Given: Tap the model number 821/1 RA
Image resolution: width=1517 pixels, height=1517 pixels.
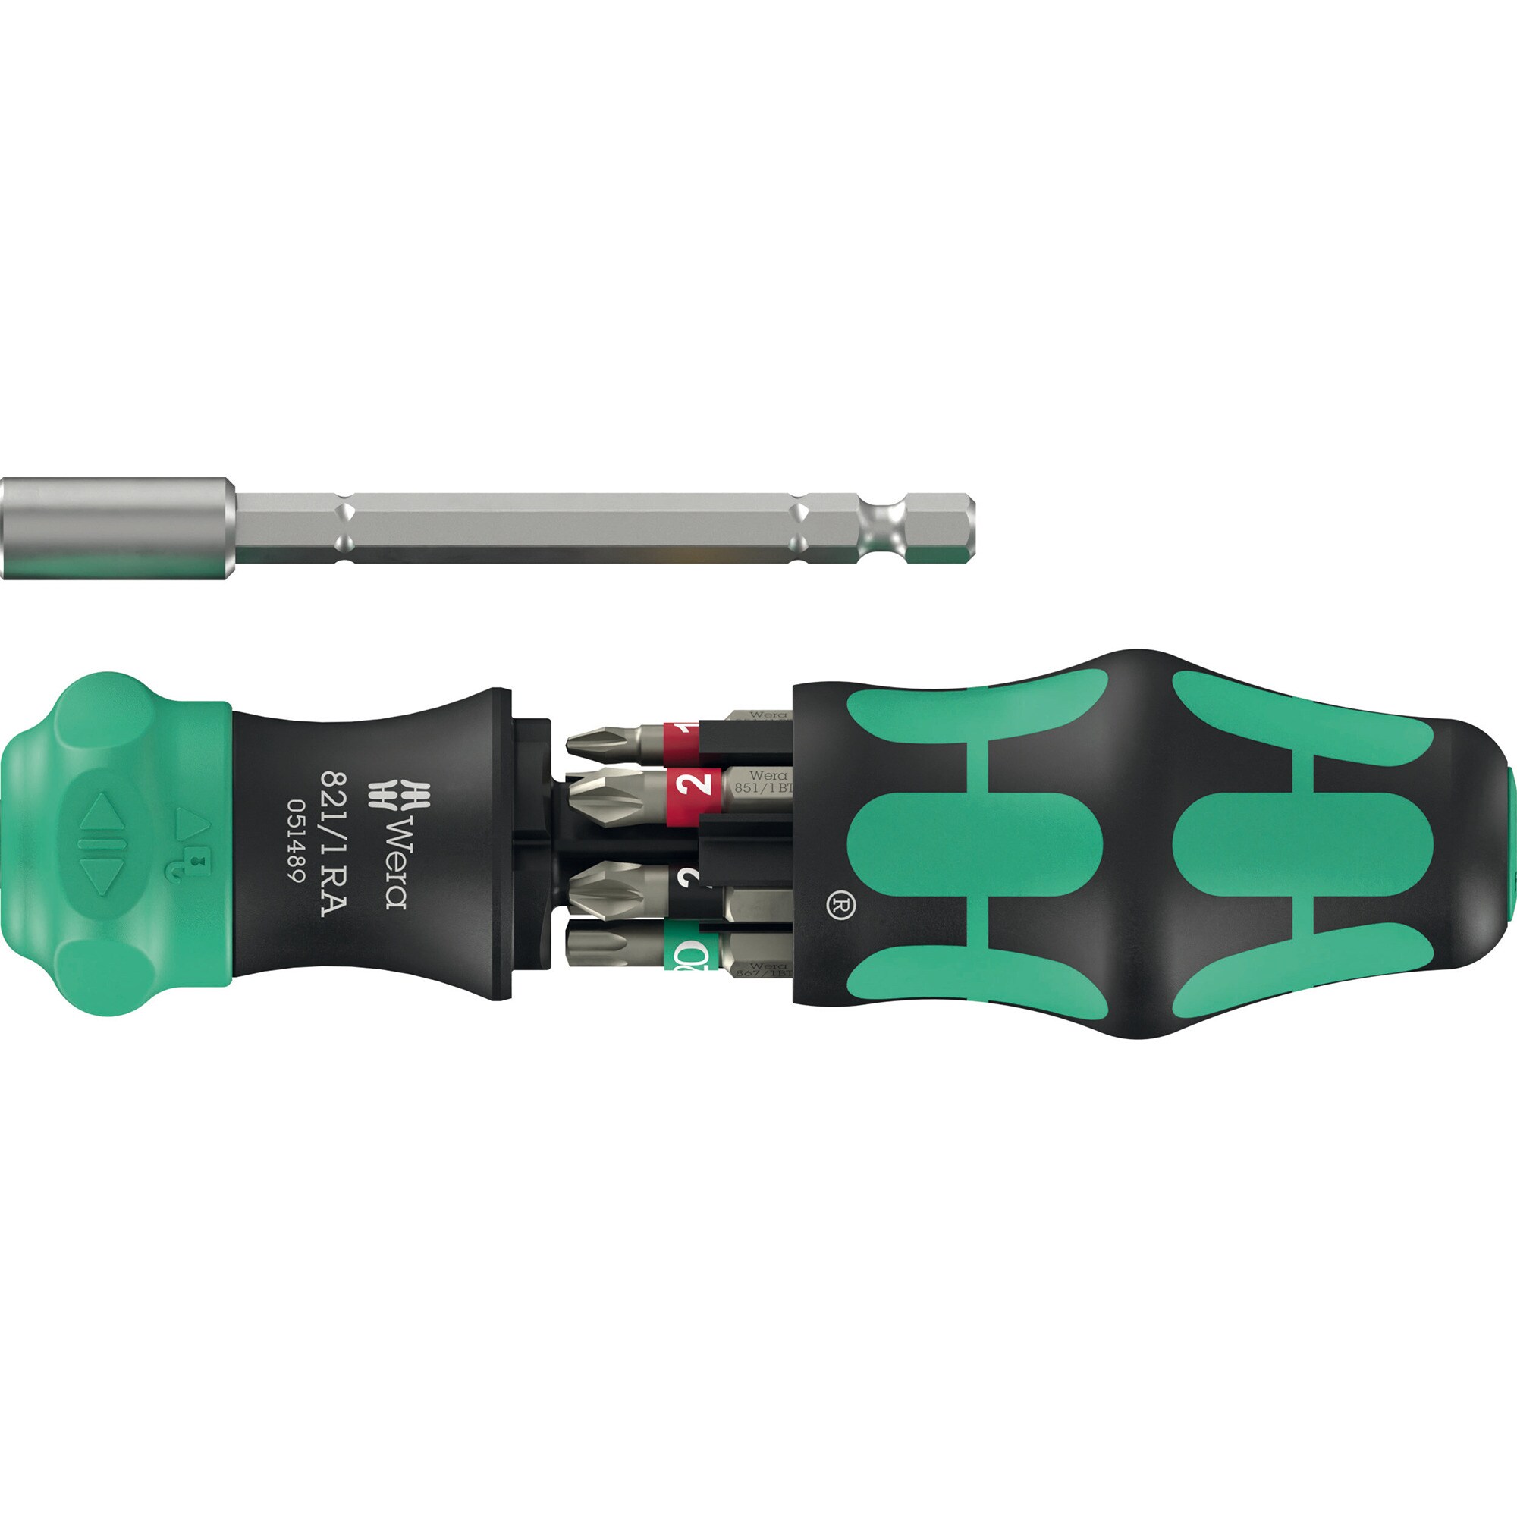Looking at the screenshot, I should click(334, 843).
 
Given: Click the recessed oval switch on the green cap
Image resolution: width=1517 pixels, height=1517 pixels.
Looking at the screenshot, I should click(103, 843).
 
